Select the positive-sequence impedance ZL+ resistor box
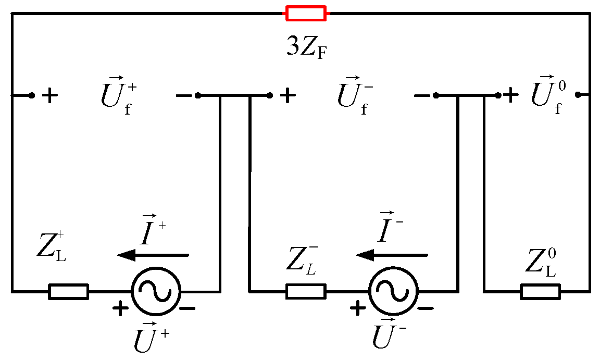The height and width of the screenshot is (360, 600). point(68,291)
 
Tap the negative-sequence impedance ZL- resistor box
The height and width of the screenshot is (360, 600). point(306,291)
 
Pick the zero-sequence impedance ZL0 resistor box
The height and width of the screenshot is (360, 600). point(541,291)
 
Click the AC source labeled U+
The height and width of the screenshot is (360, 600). point(156,291)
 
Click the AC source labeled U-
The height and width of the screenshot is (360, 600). point(393,291)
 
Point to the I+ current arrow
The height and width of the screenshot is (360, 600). point(153,255)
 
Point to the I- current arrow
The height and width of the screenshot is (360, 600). point(391,255)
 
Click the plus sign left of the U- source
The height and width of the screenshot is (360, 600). point(358,308)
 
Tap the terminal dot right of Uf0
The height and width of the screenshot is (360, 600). point(578,95)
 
